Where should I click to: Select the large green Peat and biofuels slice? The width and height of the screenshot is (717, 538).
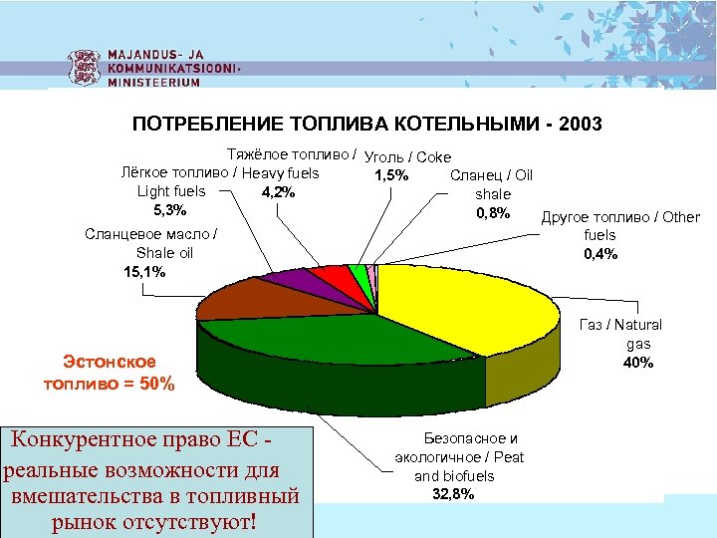(x=299, y=339)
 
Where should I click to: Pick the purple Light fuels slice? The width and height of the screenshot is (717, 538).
(x=290, y=280)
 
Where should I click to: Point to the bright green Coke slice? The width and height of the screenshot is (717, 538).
(x=357, y=272)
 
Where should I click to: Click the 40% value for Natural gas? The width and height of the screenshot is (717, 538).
(x=637, y=362)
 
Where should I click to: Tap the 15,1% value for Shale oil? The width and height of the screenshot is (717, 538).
(x=143, y=271)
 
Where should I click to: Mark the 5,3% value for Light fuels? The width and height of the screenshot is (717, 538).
(x=170, y=210)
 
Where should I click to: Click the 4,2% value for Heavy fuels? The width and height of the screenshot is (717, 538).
(x=278, y=192)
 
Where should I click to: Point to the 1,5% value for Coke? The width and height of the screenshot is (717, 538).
(x=390, y=176)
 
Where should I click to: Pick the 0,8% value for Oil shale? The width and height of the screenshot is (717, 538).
(x=493, y=212)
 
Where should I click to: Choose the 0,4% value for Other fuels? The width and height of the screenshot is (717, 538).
(x=600, y=253)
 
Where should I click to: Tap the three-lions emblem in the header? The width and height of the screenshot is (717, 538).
(x=83, y=67)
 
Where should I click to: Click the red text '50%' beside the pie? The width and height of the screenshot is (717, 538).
(x=154, y=383)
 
